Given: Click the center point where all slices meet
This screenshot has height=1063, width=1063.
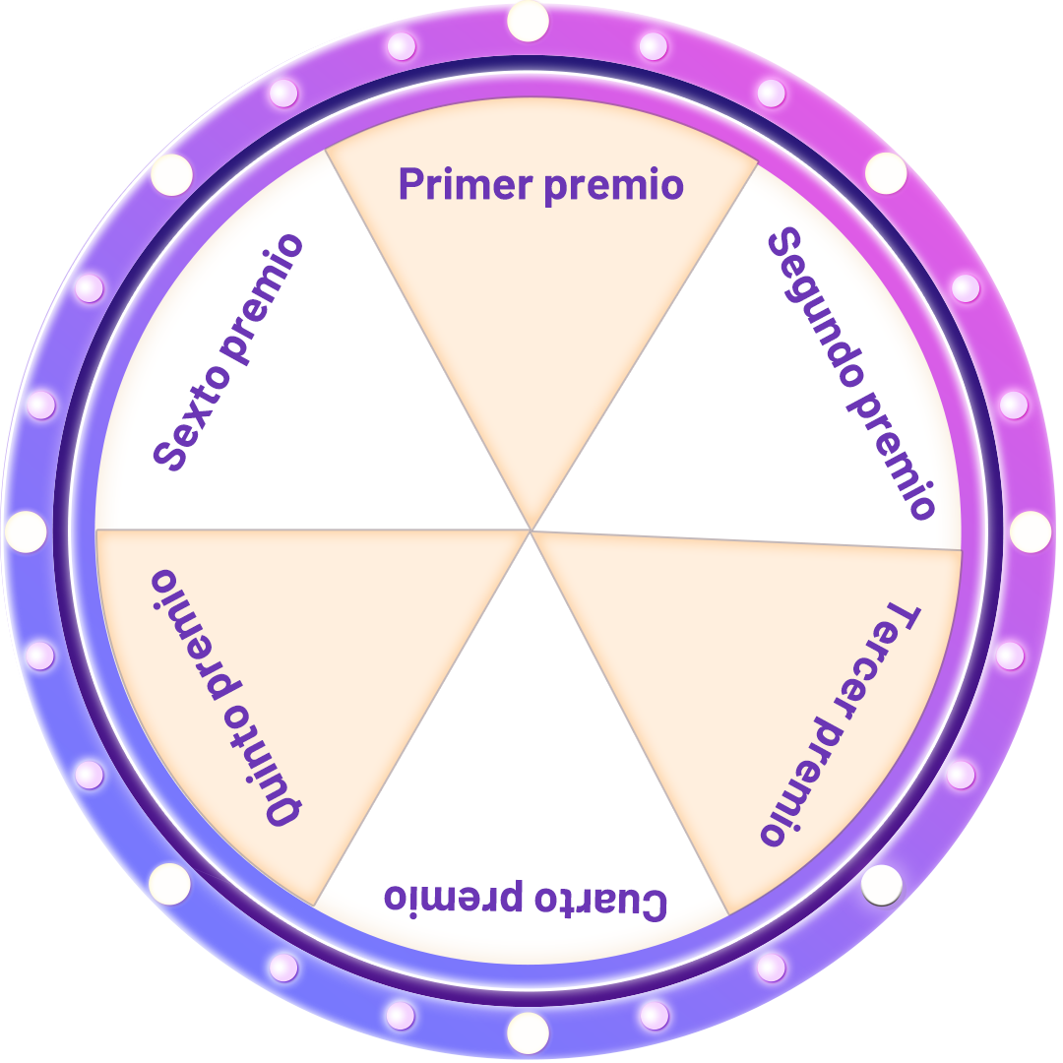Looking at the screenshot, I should click(x=531, y=531).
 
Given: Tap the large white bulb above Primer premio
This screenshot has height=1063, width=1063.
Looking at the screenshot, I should click(x=529, y=22).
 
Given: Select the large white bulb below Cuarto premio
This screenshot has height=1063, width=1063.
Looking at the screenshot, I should click(x=528, y=1032).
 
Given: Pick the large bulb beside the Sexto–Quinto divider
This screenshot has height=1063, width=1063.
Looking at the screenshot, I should click(x=26, y=531).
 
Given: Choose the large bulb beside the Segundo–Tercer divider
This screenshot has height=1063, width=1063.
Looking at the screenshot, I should click(x=1031, y=531).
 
